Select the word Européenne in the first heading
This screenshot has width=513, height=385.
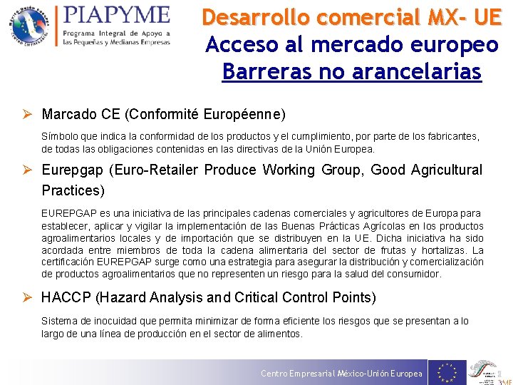coord(244,114)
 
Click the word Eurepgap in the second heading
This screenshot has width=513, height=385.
coord(73,170)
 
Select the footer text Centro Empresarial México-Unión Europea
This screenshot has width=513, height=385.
coord(341,374)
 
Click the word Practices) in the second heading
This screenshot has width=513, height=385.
coord(73,190)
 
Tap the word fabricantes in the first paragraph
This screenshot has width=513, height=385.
coord(452,135)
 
